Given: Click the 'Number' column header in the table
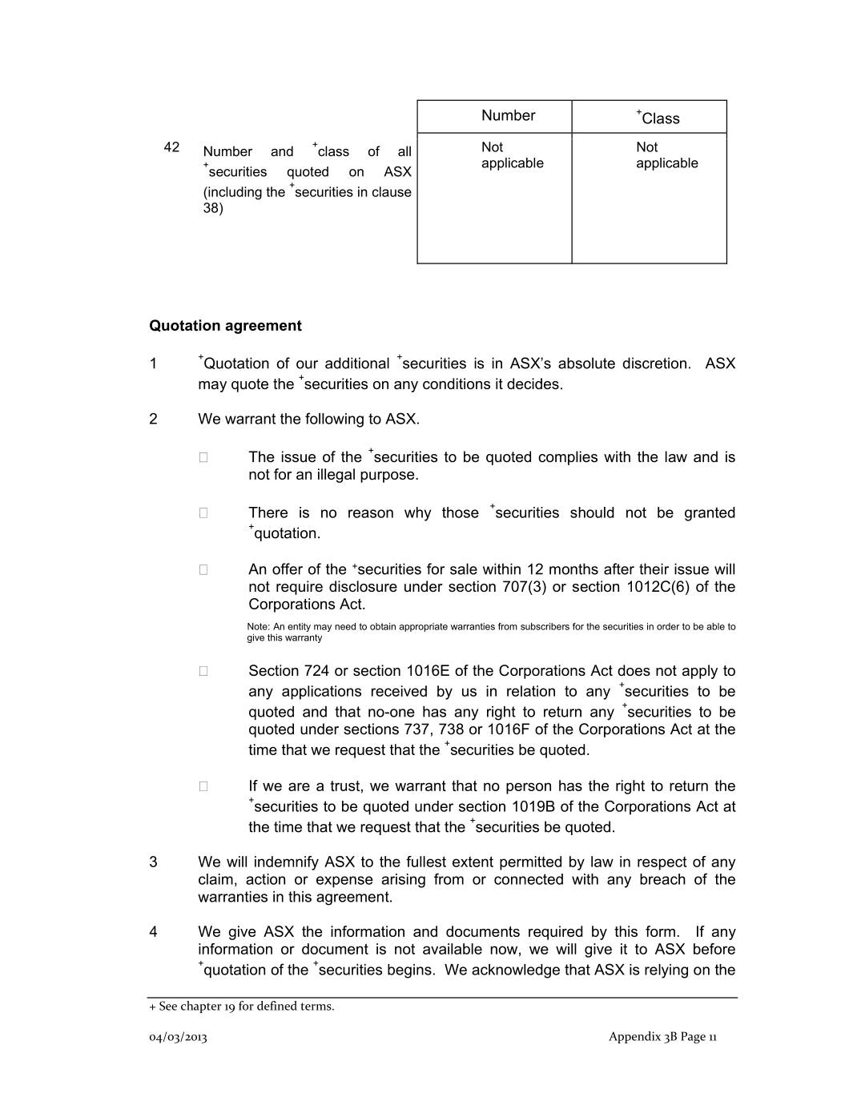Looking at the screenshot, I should (508, 116).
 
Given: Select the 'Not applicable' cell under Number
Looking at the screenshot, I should (512, 155).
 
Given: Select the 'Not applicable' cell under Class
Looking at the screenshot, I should (666, 155).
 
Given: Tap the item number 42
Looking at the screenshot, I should (171, 147).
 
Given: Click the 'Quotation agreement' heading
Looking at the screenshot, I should (225, 326).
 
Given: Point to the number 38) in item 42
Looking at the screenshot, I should (213, 208).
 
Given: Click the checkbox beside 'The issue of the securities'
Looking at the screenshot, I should (203, 457).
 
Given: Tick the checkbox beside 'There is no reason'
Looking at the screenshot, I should (203, 513).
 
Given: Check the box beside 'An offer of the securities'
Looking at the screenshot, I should (203, 570).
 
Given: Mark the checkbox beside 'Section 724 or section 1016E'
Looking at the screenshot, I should (203, 671).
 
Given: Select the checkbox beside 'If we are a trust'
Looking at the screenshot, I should (203, 786).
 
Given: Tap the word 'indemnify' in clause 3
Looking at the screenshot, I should (287, 862).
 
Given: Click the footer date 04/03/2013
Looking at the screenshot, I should (178, 1037).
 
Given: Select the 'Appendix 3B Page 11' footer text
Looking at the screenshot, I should (662, 1037).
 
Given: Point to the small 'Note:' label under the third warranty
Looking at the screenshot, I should (259, 627).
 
